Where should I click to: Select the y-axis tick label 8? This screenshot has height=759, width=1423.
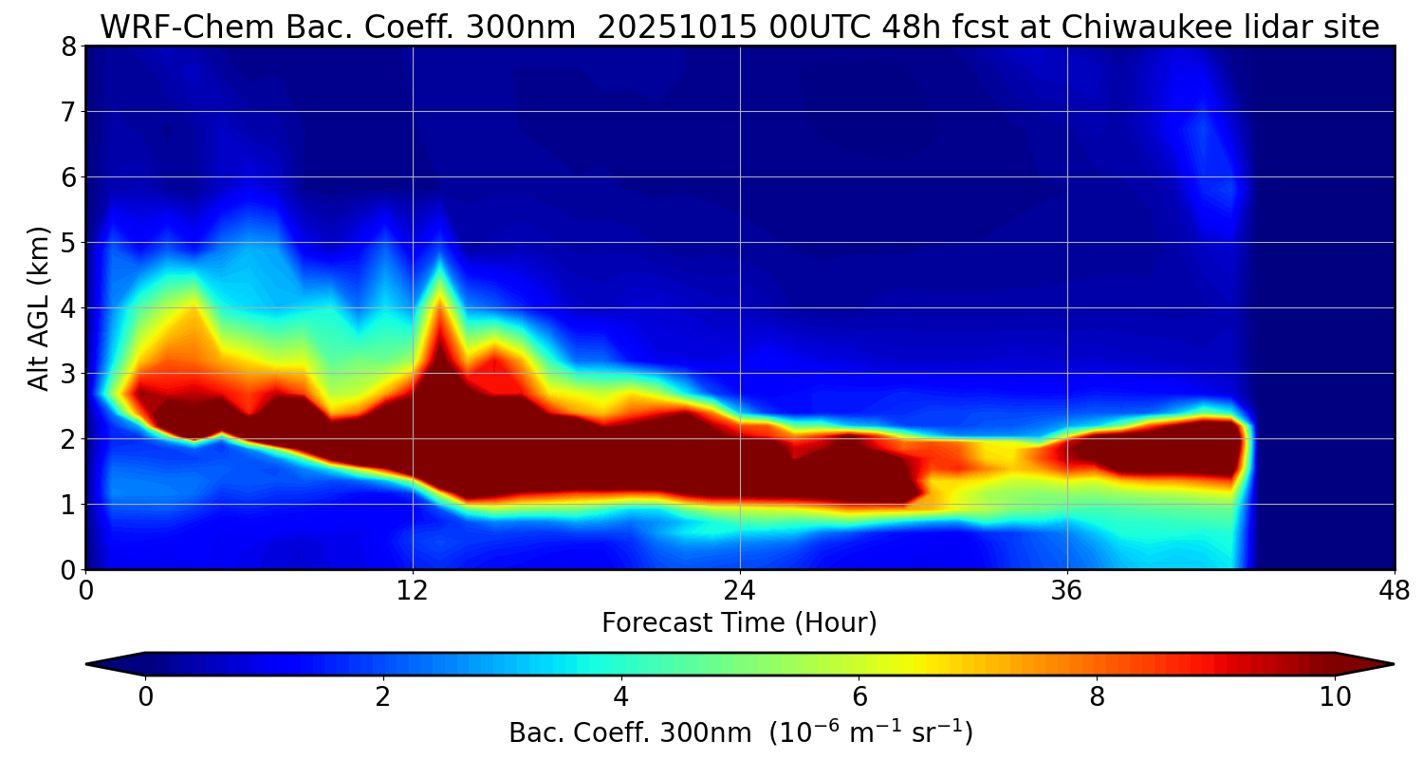click(68, 46)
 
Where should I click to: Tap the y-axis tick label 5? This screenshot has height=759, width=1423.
click(68, 243)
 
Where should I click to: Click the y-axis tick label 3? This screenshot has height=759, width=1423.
click(68, 374)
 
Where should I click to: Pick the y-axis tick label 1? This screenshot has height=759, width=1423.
click(68, 505)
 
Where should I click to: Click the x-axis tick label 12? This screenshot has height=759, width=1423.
click(413, 589)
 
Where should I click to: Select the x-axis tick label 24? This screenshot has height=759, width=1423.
click(740, 589)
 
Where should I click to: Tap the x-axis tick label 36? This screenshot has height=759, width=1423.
click(1067, 589)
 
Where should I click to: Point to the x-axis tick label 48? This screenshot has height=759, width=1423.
click(1395, 589)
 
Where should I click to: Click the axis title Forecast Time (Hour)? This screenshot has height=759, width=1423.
click(739, 623)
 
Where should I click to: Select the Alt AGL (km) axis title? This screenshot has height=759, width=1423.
click(39, 308)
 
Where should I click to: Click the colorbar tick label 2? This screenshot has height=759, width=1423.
click(383, 697)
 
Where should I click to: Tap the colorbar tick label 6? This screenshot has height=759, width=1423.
click(859, 697)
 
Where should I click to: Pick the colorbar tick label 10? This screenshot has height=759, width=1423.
click(1335, 697)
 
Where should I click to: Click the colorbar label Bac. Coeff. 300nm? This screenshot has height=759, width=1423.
click(636, 733)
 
